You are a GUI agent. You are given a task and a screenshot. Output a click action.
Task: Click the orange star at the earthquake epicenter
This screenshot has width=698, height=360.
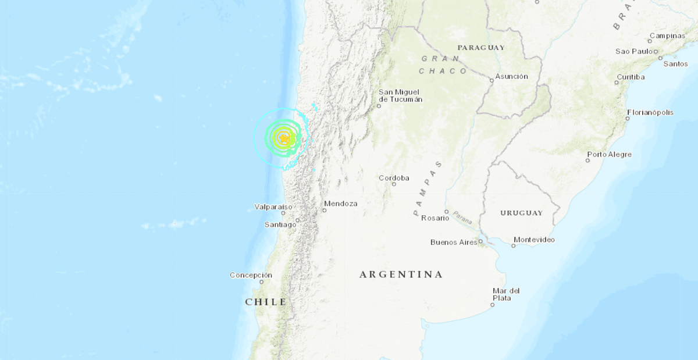point(283,138)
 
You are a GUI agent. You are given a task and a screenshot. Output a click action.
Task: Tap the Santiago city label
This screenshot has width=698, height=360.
point(280,224)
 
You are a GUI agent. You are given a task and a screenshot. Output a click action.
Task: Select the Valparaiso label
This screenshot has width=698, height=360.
point(273,206)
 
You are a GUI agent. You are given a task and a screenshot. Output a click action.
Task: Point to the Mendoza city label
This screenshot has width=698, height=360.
point(341,204)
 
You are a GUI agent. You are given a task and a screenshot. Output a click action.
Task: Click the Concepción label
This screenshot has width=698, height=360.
point(251,275)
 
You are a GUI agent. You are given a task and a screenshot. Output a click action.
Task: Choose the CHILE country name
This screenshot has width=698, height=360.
point(266,302)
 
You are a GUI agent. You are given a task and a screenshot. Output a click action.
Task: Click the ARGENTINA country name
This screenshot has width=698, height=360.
point(401,274)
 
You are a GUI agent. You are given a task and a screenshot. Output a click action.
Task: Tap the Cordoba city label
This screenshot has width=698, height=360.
point(394,178)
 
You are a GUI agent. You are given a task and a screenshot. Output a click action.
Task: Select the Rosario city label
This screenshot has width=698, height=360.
point(436,218)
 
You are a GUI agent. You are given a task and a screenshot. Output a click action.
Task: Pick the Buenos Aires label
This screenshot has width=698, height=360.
point(454,242)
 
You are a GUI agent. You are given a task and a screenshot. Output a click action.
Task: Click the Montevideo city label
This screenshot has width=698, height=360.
point(534,240)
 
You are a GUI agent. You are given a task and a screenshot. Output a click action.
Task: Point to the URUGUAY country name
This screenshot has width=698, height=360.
point(521,213)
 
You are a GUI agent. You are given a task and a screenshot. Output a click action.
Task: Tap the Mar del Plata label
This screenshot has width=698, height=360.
point(505,294)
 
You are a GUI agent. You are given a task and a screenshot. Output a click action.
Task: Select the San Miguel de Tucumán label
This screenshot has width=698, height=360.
point(400,95)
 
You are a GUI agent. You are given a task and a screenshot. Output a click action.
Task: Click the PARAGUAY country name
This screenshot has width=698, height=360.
point(481,47)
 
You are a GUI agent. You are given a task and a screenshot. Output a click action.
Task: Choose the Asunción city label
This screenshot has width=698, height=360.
point(512,76)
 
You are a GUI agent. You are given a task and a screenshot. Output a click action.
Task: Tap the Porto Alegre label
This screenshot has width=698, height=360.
point(609,155)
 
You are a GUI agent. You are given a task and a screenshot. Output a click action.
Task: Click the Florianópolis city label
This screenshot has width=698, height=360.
point(650,112)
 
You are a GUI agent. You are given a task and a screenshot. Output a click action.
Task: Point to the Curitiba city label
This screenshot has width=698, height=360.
point(631,77)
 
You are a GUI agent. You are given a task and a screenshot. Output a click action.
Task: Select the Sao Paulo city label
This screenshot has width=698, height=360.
point(634,51)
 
